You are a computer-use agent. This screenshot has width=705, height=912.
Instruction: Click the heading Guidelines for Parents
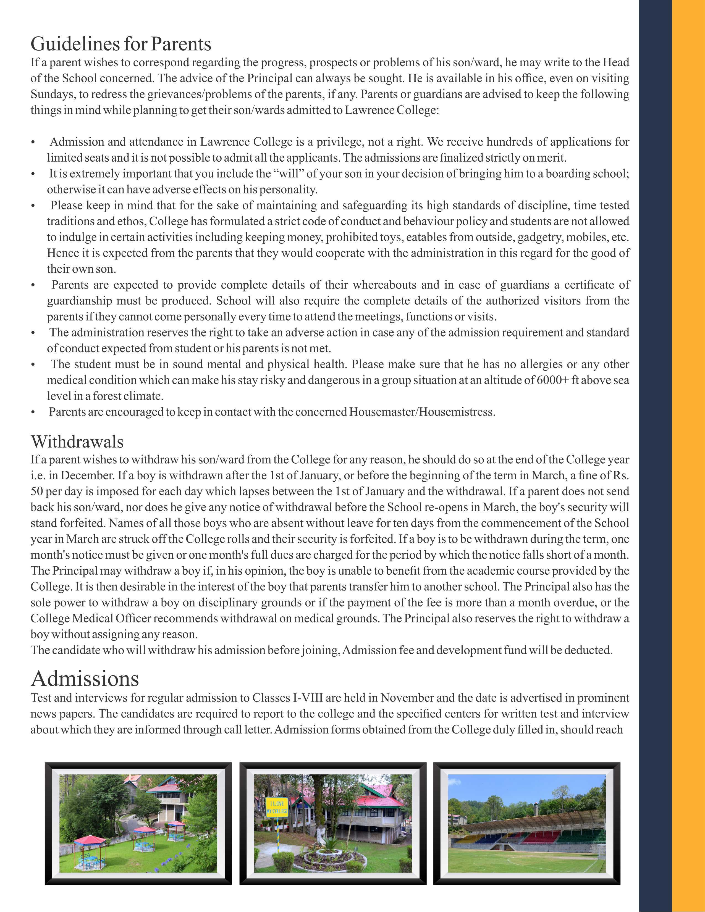coord(121,44)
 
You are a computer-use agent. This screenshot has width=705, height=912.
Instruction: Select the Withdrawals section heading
coord(77,442)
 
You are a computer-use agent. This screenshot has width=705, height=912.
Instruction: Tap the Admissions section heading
coord(85,679)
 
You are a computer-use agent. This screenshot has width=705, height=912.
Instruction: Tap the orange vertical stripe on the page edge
coord(688,456)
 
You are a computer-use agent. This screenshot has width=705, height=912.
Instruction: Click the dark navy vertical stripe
coord(655,456)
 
